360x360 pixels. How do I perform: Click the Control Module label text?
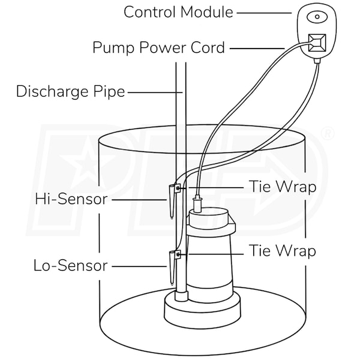point(178,12)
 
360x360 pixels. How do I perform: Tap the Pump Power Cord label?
point(158,47)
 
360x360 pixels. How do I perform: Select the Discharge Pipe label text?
point(70,92)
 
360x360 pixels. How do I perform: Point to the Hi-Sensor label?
point(71,199)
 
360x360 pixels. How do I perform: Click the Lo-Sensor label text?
point(71,266)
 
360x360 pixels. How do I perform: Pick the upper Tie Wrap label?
point(283,187)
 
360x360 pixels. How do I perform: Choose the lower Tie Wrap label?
point(283,250)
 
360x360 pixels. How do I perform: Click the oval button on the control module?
point(317,17)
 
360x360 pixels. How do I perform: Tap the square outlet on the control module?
point(317,43)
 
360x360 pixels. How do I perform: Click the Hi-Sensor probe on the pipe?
point(172,202)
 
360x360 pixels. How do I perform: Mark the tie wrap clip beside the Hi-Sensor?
point(178,188)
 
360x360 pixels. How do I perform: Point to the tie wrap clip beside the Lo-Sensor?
point(178,254)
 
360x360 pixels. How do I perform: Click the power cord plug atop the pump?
point(197,203)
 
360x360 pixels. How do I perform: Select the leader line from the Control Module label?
point(264,13)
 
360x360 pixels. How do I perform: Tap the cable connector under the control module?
point(317,61)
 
